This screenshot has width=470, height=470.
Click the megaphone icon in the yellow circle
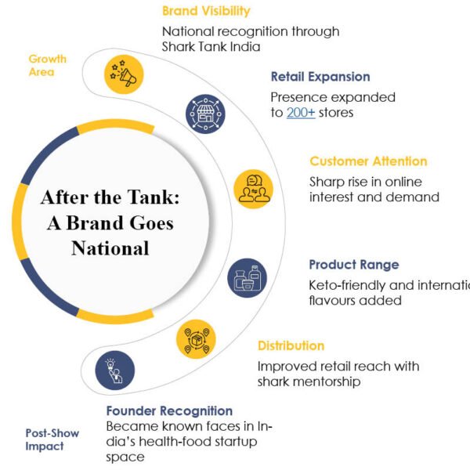pyautogui.click(x=124, y=74)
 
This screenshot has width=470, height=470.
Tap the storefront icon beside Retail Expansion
pyautogui.click(x=205, y=114)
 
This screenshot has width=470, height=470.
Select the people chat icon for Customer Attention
pyautogui.click(x=254, y=189)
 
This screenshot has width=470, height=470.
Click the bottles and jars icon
pyautogui.click(x=248, y=278)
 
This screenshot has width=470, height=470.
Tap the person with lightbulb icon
pyautogui.click(x=114, y=371)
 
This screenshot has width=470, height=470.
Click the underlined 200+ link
pyautogui.click(x=301, y=113)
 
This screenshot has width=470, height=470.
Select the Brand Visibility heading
pyautogui.click(x=206, y=11)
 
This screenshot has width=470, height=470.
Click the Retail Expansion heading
pyautogui.click(x=320, y=77)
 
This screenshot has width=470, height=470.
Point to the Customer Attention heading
pyautogui.click(x=368, y=161)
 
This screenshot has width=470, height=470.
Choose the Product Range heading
pyautogui.click(x=354, y=265)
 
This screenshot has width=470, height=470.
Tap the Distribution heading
pyautogui.click(x=291, y=345)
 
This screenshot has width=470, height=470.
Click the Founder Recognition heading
pyautogui.click(x=169, y=410)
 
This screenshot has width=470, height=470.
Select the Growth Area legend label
pyautogui.click(x=47, y=65)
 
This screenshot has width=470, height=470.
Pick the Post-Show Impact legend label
pyautogui.click(x=52, y=439)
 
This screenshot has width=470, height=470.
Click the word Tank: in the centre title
pyautogui.click(x=154, y=197)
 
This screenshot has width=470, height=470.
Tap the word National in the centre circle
pyautogui.click(x=110, y=248)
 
